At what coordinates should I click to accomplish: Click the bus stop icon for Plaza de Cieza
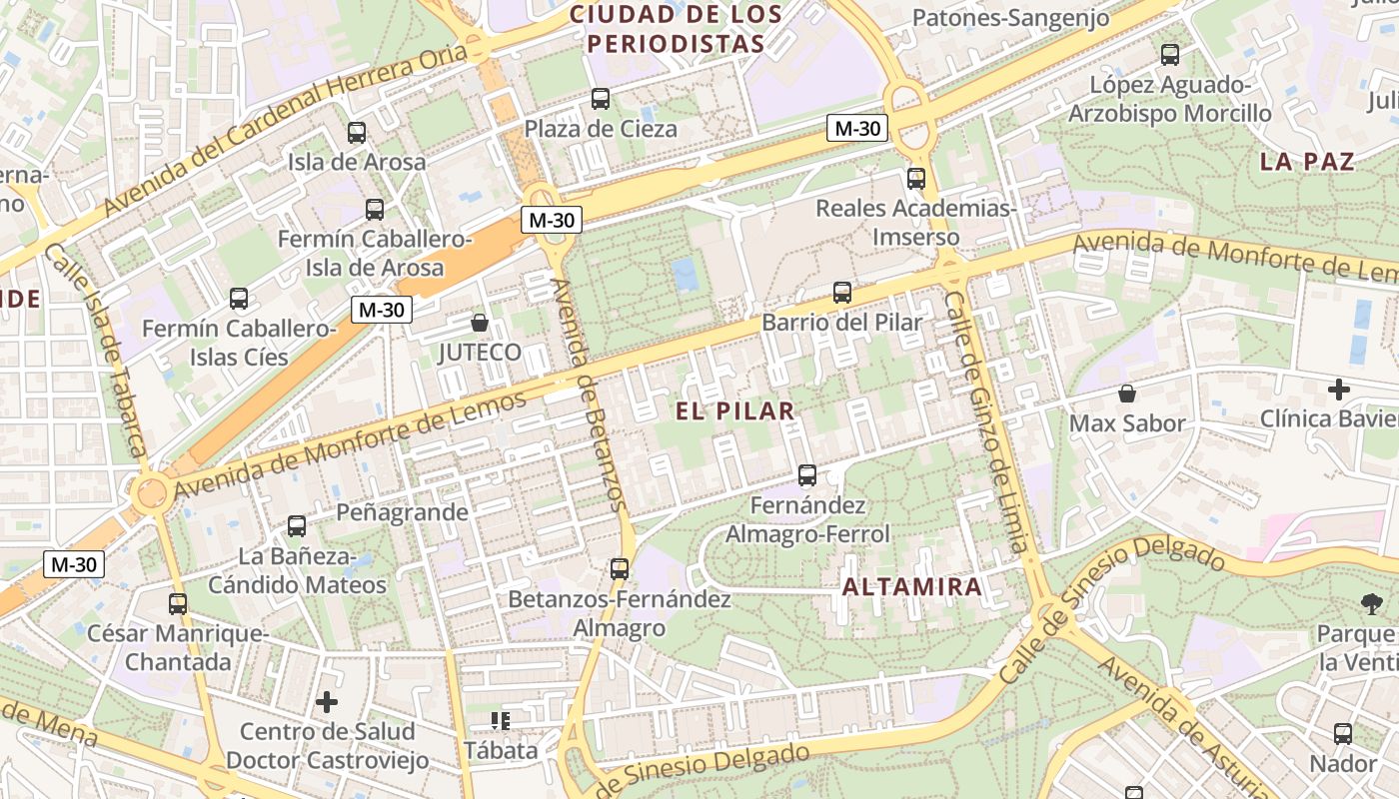coord(601,99)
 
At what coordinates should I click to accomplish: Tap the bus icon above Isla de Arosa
coord(357,132)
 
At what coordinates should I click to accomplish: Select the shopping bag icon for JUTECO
coord(480,323)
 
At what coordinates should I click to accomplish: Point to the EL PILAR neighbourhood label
coord(734,410)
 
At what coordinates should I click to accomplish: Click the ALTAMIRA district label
coord(912,587)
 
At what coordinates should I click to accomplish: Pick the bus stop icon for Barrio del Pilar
coord(842,293)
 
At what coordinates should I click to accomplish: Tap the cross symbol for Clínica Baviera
coord(1339,389)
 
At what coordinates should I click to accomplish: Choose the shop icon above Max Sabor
coord(1127,394)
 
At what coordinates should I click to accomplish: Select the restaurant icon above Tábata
coord(500,720)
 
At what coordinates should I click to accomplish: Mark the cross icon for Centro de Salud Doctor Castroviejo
coord(327,702)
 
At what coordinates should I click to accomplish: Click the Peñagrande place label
coord(402,512)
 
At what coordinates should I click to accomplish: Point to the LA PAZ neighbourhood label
coord(1307,162)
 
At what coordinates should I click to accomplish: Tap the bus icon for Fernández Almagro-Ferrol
coord(807,475)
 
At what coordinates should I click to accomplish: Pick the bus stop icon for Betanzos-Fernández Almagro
coord(620,569)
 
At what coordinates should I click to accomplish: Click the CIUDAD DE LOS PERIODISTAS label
coord(676,29)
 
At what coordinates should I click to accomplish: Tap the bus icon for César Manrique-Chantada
coord(178,603)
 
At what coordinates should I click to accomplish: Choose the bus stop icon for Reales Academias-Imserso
coord(916,179)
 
